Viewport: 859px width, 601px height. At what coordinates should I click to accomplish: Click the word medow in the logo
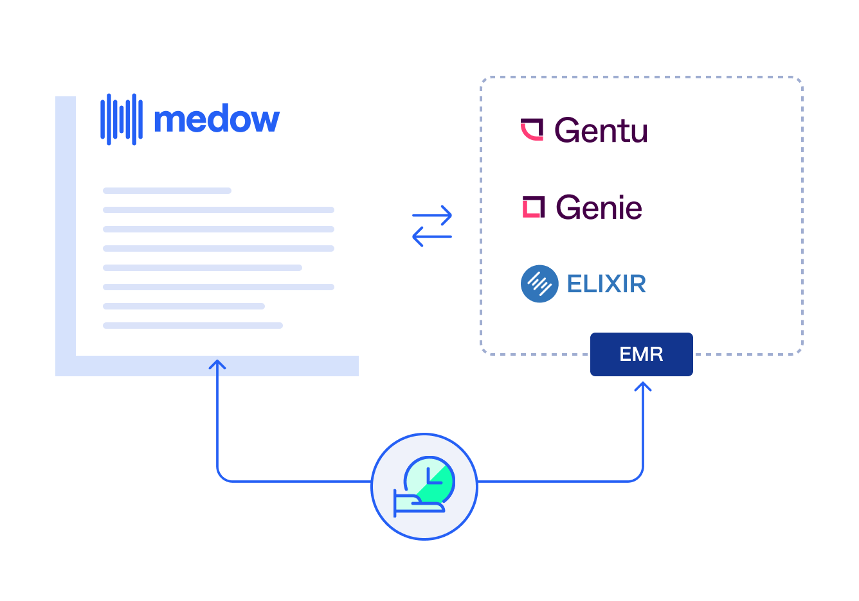point(217,120)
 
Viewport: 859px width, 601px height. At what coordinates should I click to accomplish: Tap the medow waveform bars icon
point(122,119)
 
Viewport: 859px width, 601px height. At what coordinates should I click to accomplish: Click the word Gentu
point(601,130)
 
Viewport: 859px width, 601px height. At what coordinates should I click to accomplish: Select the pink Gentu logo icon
point(532,129)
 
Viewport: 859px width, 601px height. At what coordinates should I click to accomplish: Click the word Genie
point(599,207)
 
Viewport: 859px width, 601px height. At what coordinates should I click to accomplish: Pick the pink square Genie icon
point(533,207)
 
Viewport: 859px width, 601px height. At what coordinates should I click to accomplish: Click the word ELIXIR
point(606,284)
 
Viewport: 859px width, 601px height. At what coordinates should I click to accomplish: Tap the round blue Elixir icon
point(539,284)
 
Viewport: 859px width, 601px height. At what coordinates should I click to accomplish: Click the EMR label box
point(641,354)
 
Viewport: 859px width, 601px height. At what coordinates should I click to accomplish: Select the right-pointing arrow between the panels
point(432,215)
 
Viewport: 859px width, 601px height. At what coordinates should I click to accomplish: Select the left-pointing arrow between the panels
point(431,236)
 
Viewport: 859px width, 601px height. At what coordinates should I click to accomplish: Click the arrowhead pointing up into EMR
point(643,386)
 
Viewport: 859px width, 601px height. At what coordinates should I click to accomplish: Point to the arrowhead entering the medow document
point(217,365)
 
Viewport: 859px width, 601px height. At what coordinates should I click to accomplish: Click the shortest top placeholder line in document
point(167,191)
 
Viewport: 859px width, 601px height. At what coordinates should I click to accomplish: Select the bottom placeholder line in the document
point(193,326)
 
